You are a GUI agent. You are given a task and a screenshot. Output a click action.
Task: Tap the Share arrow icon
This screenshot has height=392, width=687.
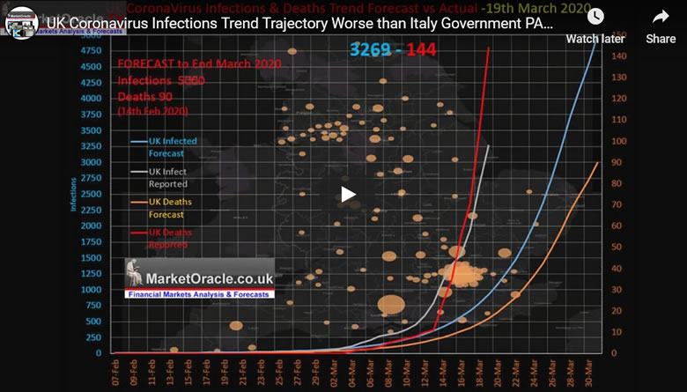click(x=661, y=18)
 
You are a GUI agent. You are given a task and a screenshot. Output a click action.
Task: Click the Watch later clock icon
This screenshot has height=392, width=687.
click(x=595, y=18)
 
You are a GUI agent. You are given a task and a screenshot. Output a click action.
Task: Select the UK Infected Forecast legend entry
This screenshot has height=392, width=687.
click(x=171, y=147)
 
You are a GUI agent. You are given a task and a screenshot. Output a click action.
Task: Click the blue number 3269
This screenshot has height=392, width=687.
click(x=371, y=49)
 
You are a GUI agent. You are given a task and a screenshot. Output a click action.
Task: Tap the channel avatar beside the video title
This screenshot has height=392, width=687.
click(x=22, y=21)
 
